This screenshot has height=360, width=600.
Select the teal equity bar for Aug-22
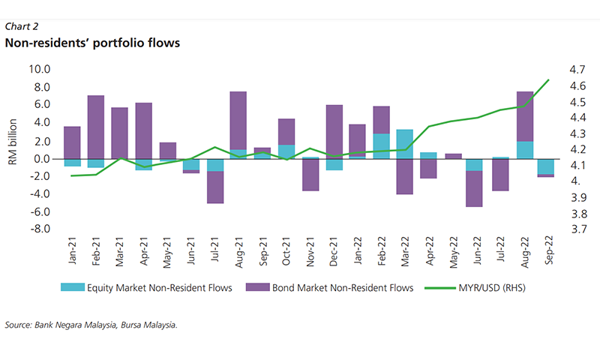pyautogui.click(x=525, y=149)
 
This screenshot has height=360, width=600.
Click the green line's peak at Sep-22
pyautogui.click(x=548, y=79)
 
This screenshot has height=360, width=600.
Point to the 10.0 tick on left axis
pyautogui.click(x=39, y=69)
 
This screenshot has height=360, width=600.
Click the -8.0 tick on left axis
pyautogui.click(x=39, y=229)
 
